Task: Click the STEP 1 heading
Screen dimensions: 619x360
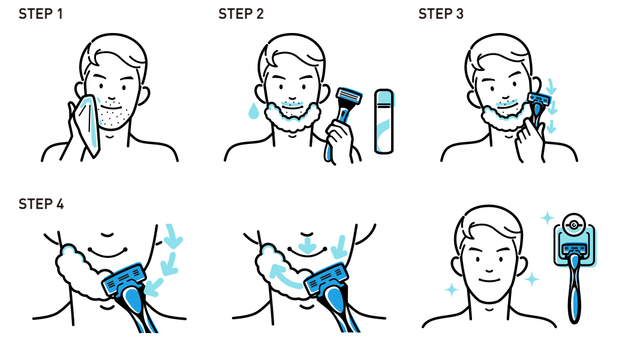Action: click(41, 14)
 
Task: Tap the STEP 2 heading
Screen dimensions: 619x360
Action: click(241, 14)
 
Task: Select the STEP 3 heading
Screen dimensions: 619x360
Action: click(441, 14)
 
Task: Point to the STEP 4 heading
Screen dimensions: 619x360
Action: click(41, 204)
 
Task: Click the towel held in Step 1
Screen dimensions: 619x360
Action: click(88, 124)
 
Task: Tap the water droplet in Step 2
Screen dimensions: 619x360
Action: click(254, 111)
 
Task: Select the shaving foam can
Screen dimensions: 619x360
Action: click(384, 121)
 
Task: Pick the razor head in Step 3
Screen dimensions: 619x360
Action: click(539, 98)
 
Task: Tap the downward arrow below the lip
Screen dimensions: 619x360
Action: click(307, 245)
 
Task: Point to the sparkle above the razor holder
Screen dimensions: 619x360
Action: click(547, 218)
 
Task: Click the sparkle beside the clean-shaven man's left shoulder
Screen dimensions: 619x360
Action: click(452, 289)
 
